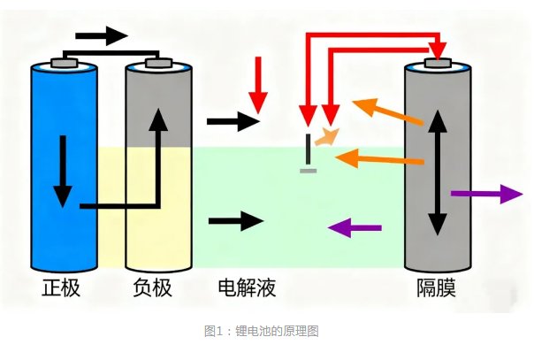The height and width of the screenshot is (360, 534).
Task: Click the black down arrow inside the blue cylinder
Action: pos(62,167)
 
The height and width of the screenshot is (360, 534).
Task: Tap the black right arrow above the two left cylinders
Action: pos(101,36)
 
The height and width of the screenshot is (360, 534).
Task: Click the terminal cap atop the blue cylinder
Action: pos(63,62)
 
